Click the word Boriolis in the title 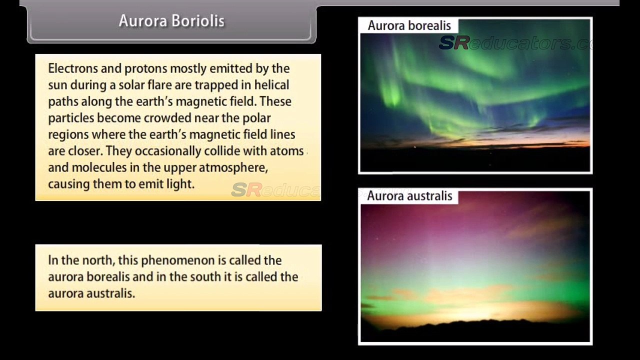tap(198, 21)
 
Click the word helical tap(271, 85)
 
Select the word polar tap(256, 118)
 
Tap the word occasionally tap(168, 151)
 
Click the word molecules tap(99, 167)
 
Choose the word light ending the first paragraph tap(180, 184)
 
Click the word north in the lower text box tap(98, 260)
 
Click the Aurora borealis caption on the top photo tap(409, 25)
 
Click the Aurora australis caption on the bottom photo tap(409, 196)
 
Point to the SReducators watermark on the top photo tap(515, 43)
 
